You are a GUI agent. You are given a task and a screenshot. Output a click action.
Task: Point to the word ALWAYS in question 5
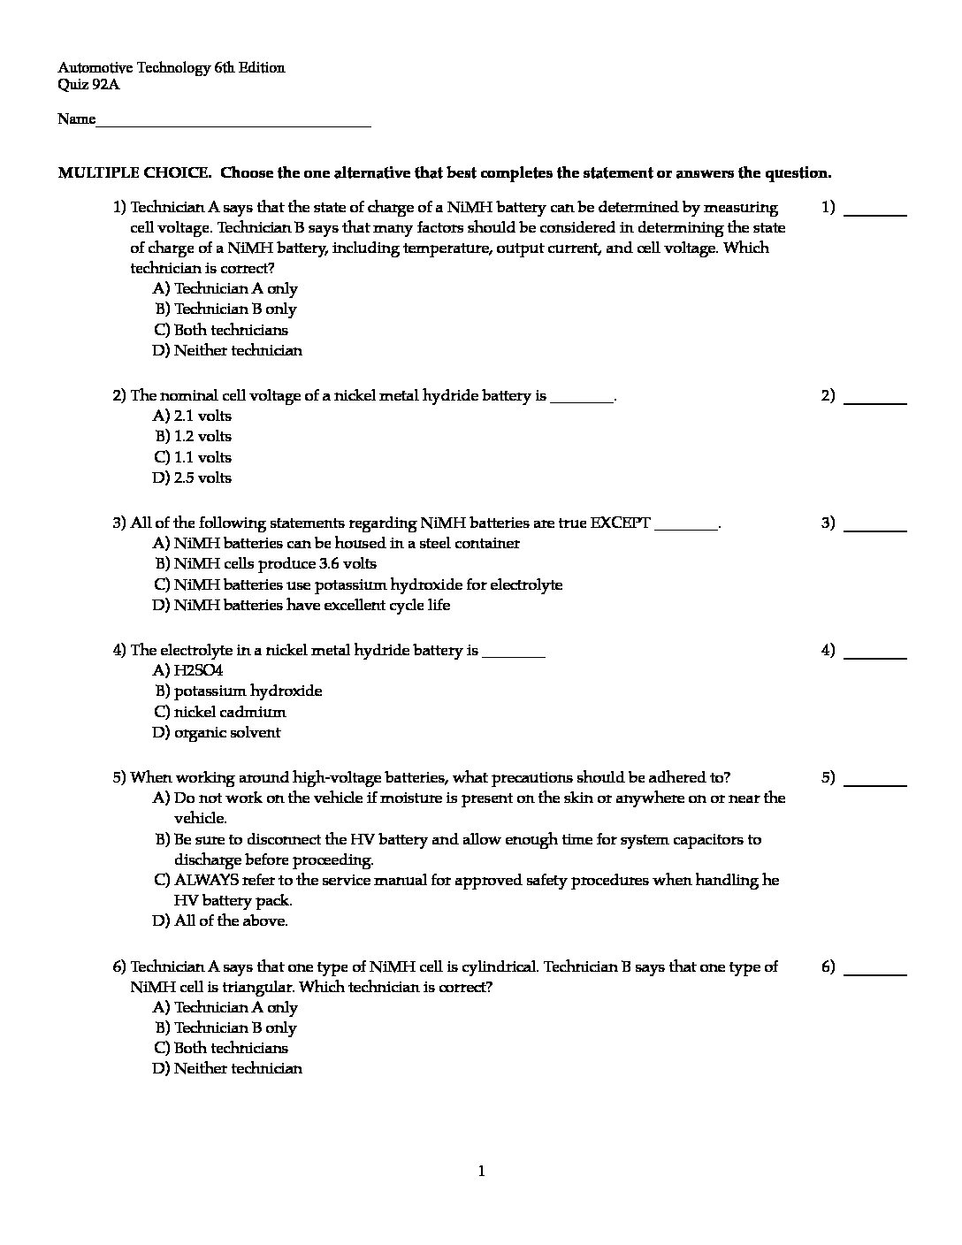pyautogui.click(x=205, y=881)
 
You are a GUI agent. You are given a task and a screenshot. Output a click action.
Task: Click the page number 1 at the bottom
pyautogui.click(x=481, y=1172)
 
